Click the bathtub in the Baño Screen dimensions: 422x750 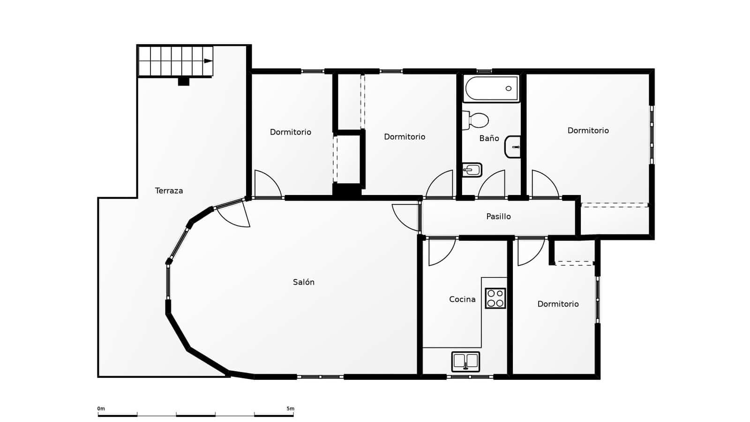[491, 89]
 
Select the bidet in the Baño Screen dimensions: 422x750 [472, 170]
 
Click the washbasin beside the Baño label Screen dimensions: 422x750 [513, 147]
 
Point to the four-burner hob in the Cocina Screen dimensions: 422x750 [495, 298]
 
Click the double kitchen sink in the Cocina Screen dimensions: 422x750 [465, 362]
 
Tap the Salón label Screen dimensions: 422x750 [304, 282]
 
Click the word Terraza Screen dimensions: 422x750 [169, 190]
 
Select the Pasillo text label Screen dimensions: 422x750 [498, 216]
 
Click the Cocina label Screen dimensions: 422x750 [462, 299]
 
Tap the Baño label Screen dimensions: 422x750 [489, 138]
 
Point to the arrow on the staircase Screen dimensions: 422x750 [208, 61]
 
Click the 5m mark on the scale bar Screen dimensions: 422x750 [291, 409]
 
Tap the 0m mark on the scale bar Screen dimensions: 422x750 [101, 409]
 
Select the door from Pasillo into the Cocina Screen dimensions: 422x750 [441, 252]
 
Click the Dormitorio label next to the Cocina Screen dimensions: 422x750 [558, 304]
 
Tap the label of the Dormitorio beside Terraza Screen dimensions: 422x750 [290, 132]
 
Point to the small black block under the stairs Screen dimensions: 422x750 [183, 82]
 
